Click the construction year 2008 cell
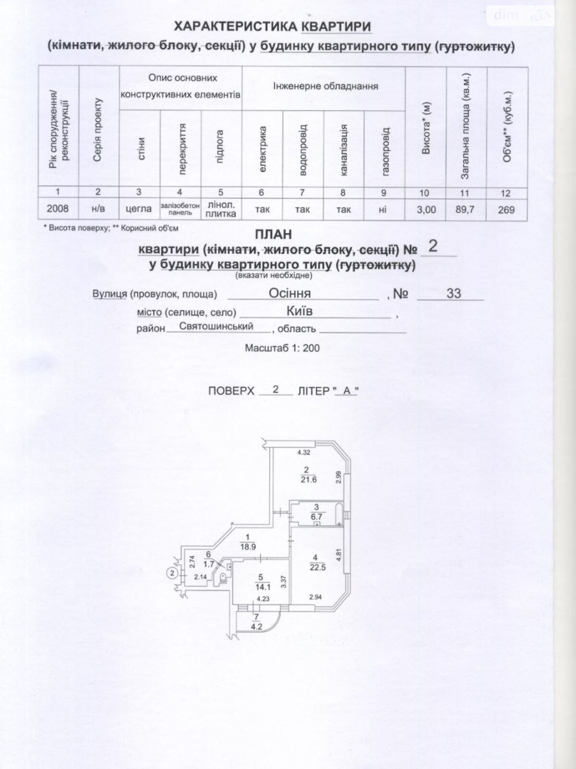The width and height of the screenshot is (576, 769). coord(58,209)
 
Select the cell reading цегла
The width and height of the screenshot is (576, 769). coord(139,209)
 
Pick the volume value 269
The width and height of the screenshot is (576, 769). coord(506,210)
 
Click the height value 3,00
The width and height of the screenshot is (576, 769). coord(425,210)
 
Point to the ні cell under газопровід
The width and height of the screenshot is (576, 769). coord(383,210)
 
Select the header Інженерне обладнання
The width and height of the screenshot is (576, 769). coord(325,86)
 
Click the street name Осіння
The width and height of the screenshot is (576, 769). coord(289,293)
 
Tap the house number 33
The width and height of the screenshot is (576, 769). coord(454,293)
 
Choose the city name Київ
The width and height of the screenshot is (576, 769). coord(300,311)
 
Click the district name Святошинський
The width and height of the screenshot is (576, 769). coord(216,326)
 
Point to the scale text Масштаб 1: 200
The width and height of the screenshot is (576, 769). coord(282,348)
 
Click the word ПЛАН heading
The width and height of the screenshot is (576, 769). coord(273,235)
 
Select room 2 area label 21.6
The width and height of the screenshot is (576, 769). coord(309,480)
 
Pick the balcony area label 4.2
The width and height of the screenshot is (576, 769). coord(256,626)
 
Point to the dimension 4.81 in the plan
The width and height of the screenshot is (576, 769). coord(337,554)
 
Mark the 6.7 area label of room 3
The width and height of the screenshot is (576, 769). coord(316,516)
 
